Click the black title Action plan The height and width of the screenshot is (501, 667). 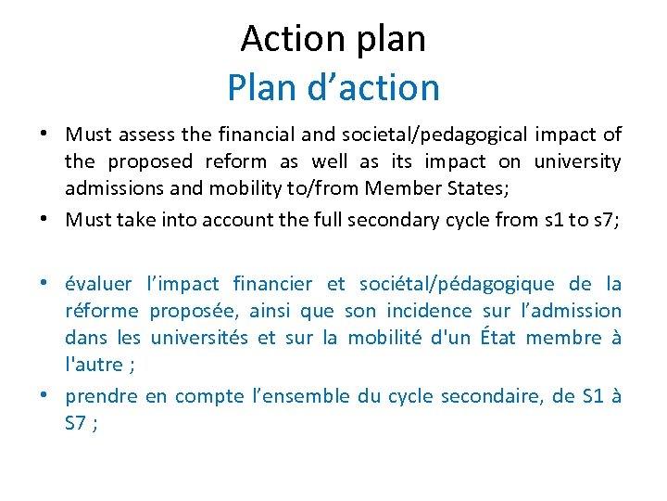tap(333, 39)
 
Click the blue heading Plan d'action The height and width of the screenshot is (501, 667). tap(333, 87)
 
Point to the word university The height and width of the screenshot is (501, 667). tap(576, 162)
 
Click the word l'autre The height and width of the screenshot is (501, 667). tap(95, 365)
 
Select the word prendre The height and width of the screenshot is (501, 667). tap(101, 396)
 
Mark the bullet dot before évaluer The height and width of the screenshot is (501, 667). tap(44, 284)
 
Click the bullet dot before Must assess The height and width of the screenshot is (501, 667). tap(44, 135)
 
